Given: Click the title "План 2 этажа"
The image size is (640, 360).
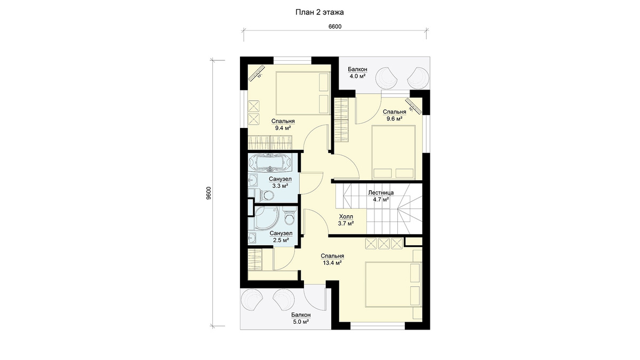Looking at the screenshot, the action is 319,12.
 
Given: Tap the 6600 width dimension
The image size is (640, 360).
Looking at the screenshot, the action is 335,27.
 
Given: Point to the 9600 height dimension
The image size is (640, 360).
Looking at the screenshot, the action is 209,193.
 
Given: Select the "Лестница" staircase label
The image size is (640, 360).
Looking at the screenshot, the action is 381,193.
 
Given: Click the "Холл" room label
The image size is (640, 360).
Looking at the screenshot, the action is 346,217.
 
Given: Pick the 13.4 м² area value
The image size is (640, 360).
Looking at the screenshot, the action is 332,263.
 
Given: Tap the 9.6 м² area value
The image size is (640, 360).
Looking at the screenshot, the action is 394,118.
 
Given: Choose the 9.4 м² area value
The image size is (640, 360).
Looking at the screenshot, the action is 283,128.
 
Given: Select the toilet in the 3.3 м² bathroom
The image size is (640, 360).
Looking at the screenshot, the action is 66,195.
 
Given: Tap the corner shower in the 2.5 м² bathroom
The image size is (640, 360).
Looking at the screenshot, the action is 266,218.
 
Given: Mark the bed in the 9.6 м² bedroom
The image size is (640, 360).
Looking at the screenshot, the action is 393,153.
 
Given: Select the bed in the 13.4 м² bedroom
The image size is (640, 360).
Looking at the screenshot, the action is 393,285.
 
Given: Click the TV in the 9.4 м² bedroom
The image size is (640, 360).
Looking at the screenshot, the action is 57,73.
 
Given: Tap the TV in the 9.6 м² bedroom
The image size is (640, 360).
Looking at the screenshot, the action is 413,107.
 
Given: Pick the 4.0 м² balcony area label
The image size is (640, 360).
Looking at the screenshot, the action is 357,76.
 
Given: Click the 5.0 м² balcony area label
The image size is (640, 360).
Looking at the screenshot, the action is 301,322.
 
